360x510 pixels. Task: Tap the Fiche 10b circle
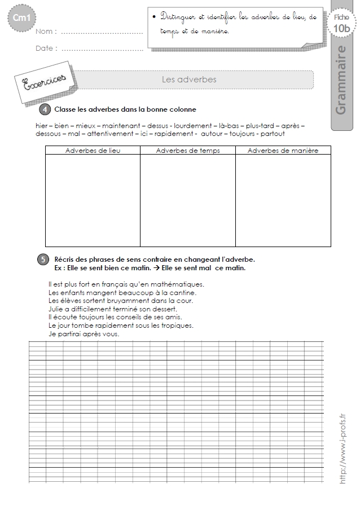[x=341, y=24]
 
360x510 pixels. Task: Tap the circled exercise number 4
[x=46, y=109]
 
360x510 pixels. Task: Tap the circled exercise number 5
[x=43, y=260]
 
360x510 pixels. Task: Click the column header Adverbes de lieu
[x=93, y=151]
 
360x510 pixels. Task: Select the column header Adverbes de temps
[x=188, y=151]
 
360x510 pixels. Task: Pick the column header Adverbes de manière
[x=283, y=151]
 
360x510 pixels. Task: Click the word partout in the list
[x=273, y=134]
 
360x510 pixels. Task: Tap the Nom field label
[x=46, y=32]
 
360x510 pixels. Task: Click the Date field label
[x=46, y=49]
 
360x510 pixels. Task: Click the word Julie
[x=57, y=309]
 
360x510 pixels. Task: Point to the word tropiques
[x=177, y=326]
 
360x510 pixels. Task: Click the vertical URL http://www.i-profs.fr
[x=342, y=447]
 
